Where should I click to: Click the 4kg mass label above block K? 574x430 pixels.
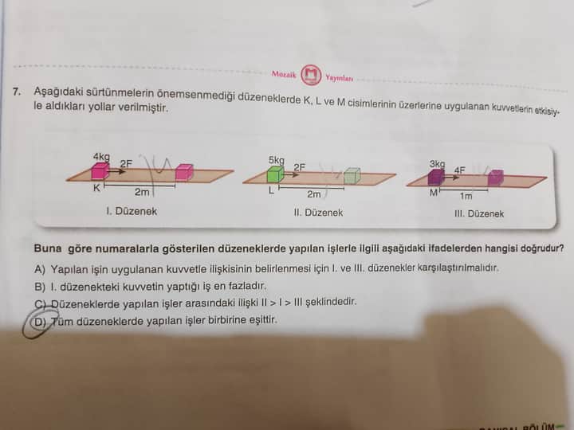pos(101,157)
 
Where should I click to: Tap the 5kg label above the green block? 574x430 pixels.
pos(277,160)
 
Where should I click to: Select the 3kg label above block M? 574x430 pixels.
pos(438,164)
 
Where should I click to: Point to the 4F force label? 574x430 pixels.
pos(460,170)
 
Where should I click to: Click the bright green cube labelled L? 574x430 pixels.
pos(275,174)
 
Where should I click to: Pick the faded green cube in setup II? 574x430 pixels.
pos(352,176)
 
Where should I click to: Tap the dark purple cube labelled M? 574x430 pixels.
pos(435,178)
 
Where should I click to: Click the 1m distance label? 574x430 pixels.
pos(466,197)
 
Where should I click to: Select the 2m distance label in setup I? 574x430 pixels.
pos(142,192)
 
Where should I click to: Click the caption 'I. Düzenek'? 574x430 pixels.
pos(132,211)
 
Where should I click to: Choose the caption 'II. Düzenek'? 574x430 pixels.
pos(318,213)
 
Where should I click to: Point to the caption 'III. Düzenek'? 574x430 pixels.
pos(479,213)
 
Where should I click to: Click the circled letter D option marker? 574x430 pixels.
pos(39,322)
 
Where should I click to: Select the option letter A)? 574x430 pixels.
pos(40,270)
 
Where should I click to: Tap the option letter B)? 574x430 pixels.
pos(40,287)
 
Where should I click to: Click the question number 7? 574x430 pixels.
pos(16,91)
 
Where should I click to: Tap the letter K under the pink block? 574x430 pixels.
pos(96,188)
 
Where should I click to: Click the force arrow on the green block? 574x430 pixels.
pos(292,174)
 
